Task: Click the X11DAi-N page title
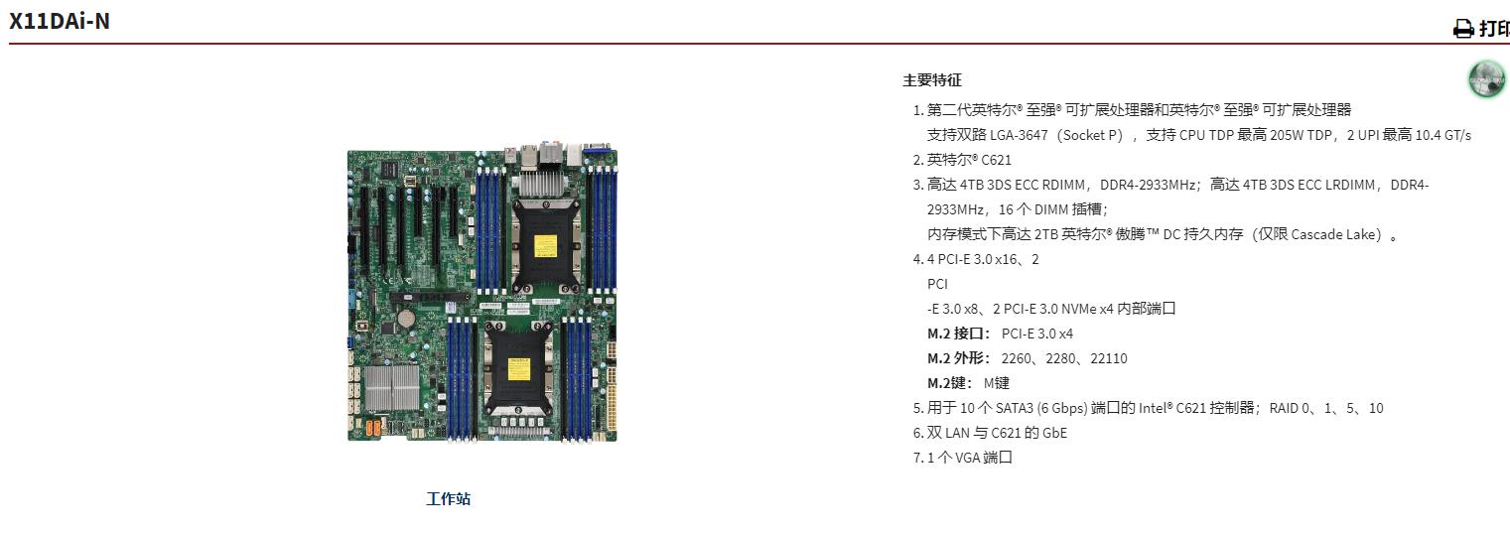[x=60, y=20]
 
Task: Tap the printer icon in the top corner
[x=1463, y=29]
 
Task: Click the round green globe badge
[x=1486, y=79]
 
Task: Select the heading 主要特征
[x=931, y=80]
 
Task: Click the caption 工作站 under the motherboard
[x=448, y=498]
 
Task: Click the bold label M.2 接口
[x=958, y=334]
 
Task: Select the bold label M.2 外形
[x=958, y=358]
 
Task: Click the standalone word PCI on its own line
[x=937, y=284]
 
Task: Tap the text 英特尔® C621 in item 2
[x=955, y=160]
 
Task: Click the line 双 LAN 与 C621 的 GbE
[x=997, y=433]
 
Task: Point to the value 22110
[x=1109, y=358]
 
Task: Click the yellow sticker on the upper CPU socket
[x=545, y=244]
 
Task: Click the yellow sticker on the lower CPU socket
[x=517, y=368]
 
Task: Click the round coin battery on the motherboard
[x=405, y=319]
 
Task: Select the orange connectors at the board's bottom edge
[x=374, y=429]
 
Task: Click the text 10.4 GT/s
[x=1441, y=135]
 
